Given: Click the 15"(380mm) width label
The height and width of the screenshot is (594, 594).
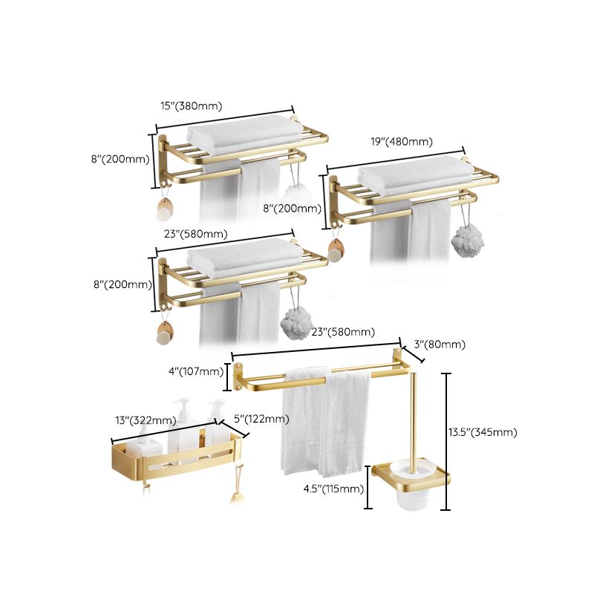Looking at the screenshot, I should coord(192,105).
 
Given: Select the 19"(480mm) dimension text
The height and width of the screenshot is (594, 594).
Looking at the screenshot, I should coord(402,141).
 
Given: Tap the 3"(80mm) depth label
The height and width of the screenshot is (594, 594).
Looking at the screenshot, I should coord(440,344).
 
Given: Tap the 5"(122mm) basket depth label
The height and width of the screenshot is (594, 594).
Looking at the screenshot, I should coord(261,419).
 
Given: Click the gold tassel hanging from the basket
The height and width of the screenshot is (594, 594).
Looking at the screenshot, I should coord(238,480).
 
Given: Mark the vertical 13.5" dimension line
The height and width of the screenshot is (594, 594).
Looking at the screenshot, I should coord(446,442).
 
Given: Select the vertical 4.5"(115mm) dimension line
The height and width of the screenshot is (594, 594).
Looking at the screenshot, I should coord(368,488).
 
